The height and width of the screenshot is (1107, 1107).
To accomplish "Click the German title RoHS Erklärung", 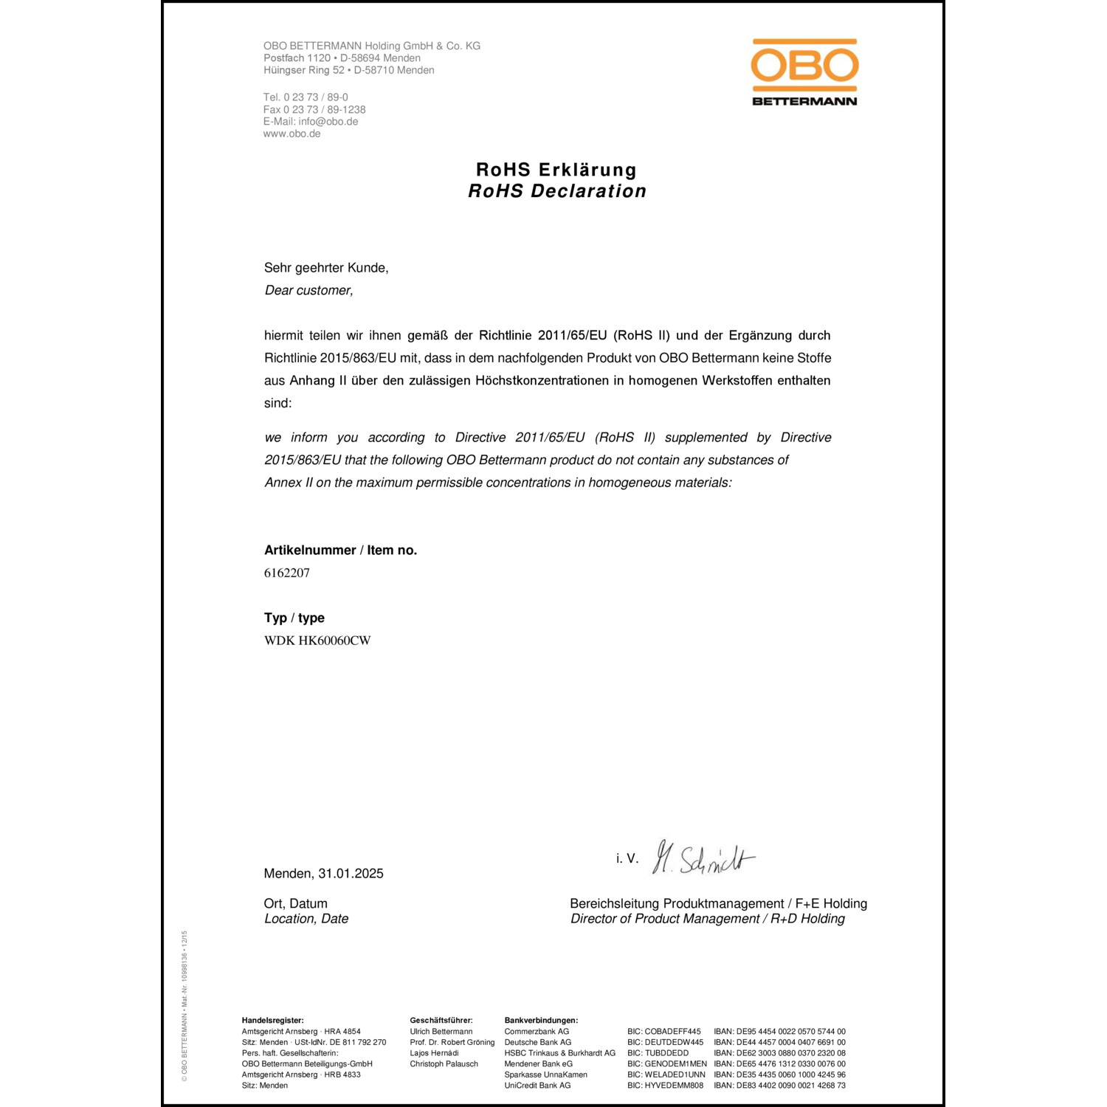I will pos(556,170).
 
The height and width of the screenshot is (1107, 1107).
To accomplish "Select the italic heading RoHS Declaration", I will pos(557,191).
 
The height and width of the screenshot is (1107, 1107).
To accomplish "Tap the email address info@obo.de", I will pos(328,122).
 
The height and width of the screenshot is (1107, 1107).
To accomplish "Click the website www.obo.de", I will pos(292,134).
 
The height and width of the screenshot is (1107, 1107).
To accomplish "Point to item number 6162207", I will pos(287,573).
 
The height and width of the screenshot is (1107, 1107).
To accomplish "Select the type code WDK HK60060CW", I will pos(317,641).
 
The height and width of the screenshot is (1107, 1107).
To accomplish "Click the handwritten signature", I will pos(704,859).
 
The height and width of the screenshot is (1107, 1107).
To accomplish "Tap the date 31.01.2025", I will pos(351,874).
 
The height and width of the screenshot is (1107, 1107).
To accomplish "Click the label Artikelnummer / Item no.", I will pos(340,551).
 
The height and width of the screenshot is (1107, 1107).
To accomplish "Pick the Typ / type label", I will pos(294,618).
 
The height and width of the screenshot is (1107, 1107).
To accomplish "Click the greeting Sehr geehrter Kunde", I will pos(326,268).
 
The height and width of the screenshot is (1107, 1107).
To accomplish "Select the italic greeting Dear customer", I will pos(308,291).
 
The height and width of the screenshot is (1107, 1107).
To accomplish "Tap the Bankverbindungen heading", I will pos(541,1021).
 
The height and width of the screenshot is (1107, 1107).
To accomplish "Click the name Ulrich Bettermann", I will pos(441,1032).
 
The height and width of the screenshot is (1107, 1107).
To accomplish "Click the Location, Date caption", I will pos(306,919).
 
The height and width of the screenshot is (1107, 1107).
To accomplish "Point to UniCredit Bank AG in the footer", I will pos(537,1086).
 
